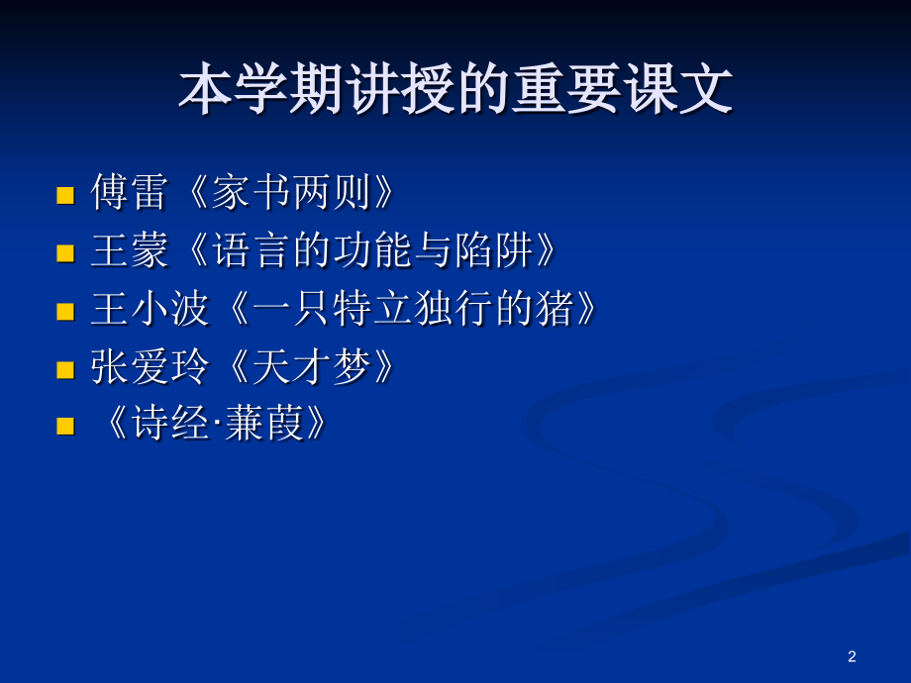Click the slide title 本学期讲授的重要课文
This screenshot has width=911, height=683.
pyautogui.click(x=455, y=90)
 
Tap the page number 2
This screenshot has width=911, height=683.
pyautogui.click(x=853, y=656)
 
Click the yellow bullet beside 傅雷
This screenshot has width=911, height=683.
pyautogui.click(x=65, y=194)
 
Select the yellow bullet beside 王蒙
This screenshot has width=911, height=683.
pyautogui.click(x=65, y=252)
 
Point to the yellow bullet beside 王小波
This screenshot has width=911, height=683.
pyautogui.click(x=65, y=311)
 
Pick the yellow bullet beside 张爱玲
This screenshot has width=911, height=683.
pyautogui.click(x=65, y=369)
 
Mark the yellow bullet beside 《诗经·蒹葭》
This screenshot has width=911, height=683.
pyautogui.click(x=65, y=427)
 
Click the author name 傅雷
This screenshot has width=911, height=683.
pyautogui.click(x=129, y=193)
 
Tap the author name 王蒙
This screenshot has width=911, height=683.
pyautogui.click(x=129, y=251)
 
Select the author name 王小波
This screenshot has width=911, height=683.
pyautogui.click(x=150, y=310)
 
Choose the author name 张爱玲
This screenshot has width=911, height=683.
pyautogui.click(x=150, y=368)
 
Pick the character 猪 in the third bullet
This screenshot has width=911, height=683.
pyautogui.click(x=555, y=310)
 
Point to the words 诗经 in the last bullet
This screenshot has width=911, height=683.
pyautogui.click(x=179, y=426)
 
